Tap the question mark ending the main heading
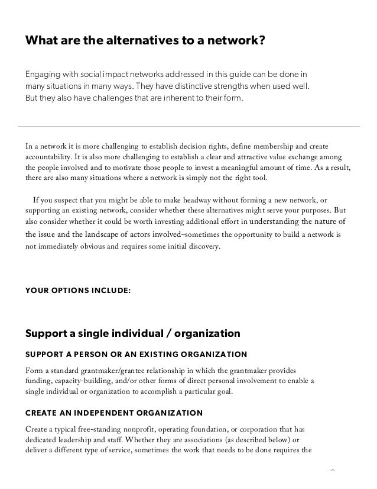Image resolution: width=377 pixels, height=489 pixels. coord(261,41)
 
